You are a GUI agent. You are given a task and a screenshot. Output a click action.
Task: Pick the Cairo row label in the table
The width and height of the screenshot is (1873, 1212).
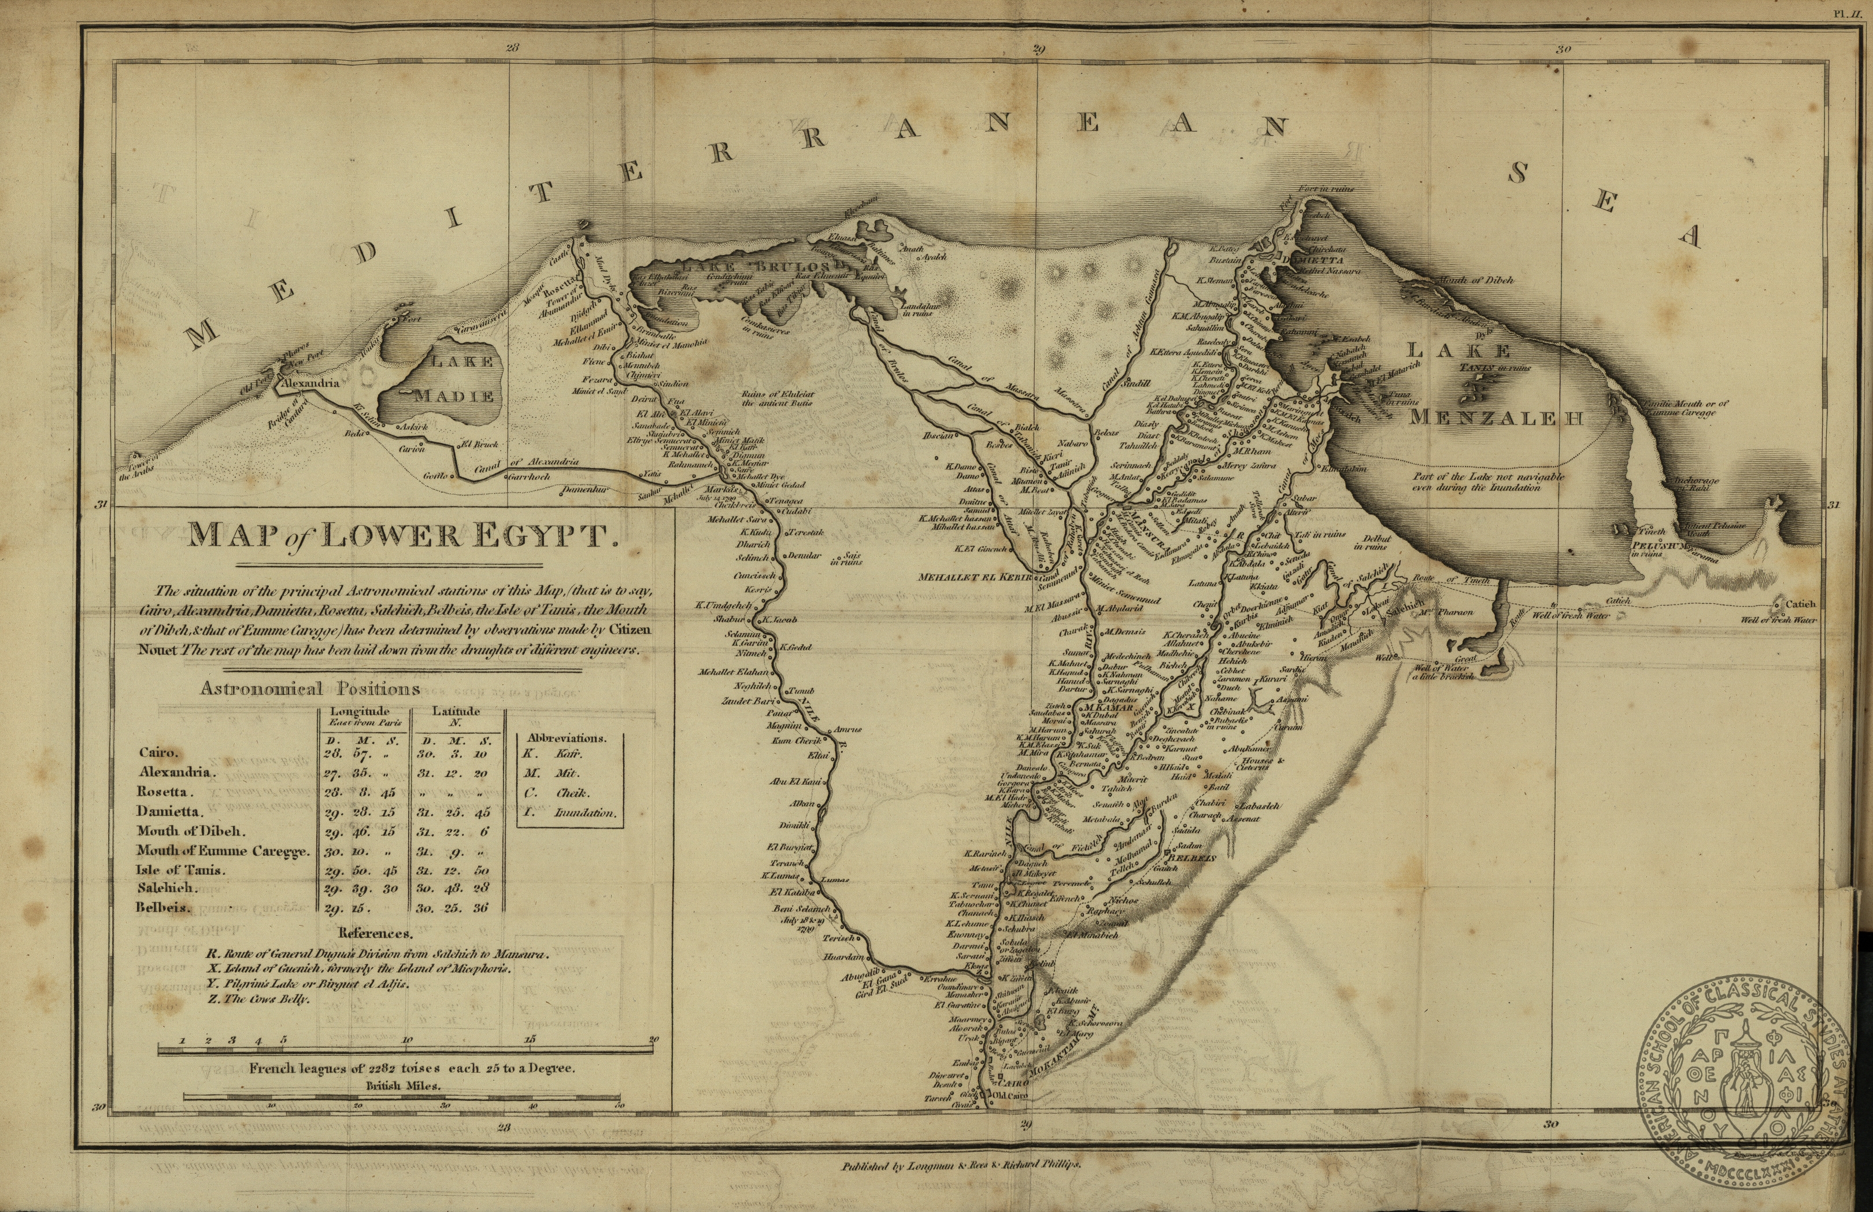click(157, 752)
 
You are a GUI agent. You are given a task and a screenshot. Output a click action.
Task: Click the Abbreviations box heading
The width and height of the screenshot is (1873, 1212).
click(567, 739)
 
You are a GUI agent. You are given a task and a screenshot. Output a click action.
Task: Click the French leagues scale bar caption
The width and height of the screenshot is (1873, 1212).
click(413, 1070)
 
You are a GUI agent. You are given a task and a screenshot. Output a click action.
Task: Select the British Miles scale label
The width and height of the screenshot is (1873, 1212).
click(404, 1085)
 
